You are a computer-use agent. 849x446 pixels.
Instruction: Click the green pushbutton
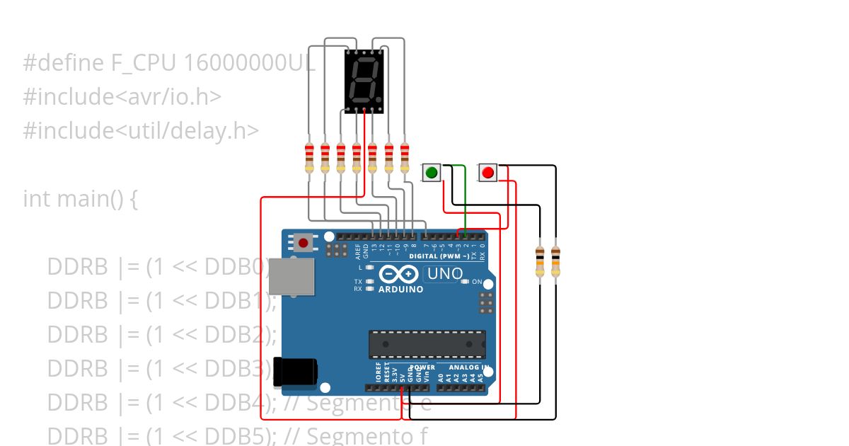tap(432, 172)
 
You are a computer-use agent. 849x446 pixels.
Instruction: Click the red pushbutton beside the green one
tap(487, 172)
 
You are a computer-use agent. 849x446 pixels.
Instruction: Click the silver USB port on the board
tap(291, 276)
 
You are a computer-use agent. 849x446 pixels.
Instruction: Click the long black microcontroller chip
tap(427, 344)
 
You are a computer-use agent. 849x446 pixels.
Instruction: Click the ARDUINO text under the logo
tap(400, 290)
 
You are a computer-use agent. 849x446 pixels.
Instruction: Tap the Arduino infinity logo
tap(400, 274)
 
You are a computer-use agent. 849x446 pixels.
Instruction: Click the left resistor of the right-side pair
tap(540, 261)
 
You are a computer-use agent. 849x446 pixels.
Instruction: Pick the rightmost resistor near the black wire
tap(555, 261)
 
